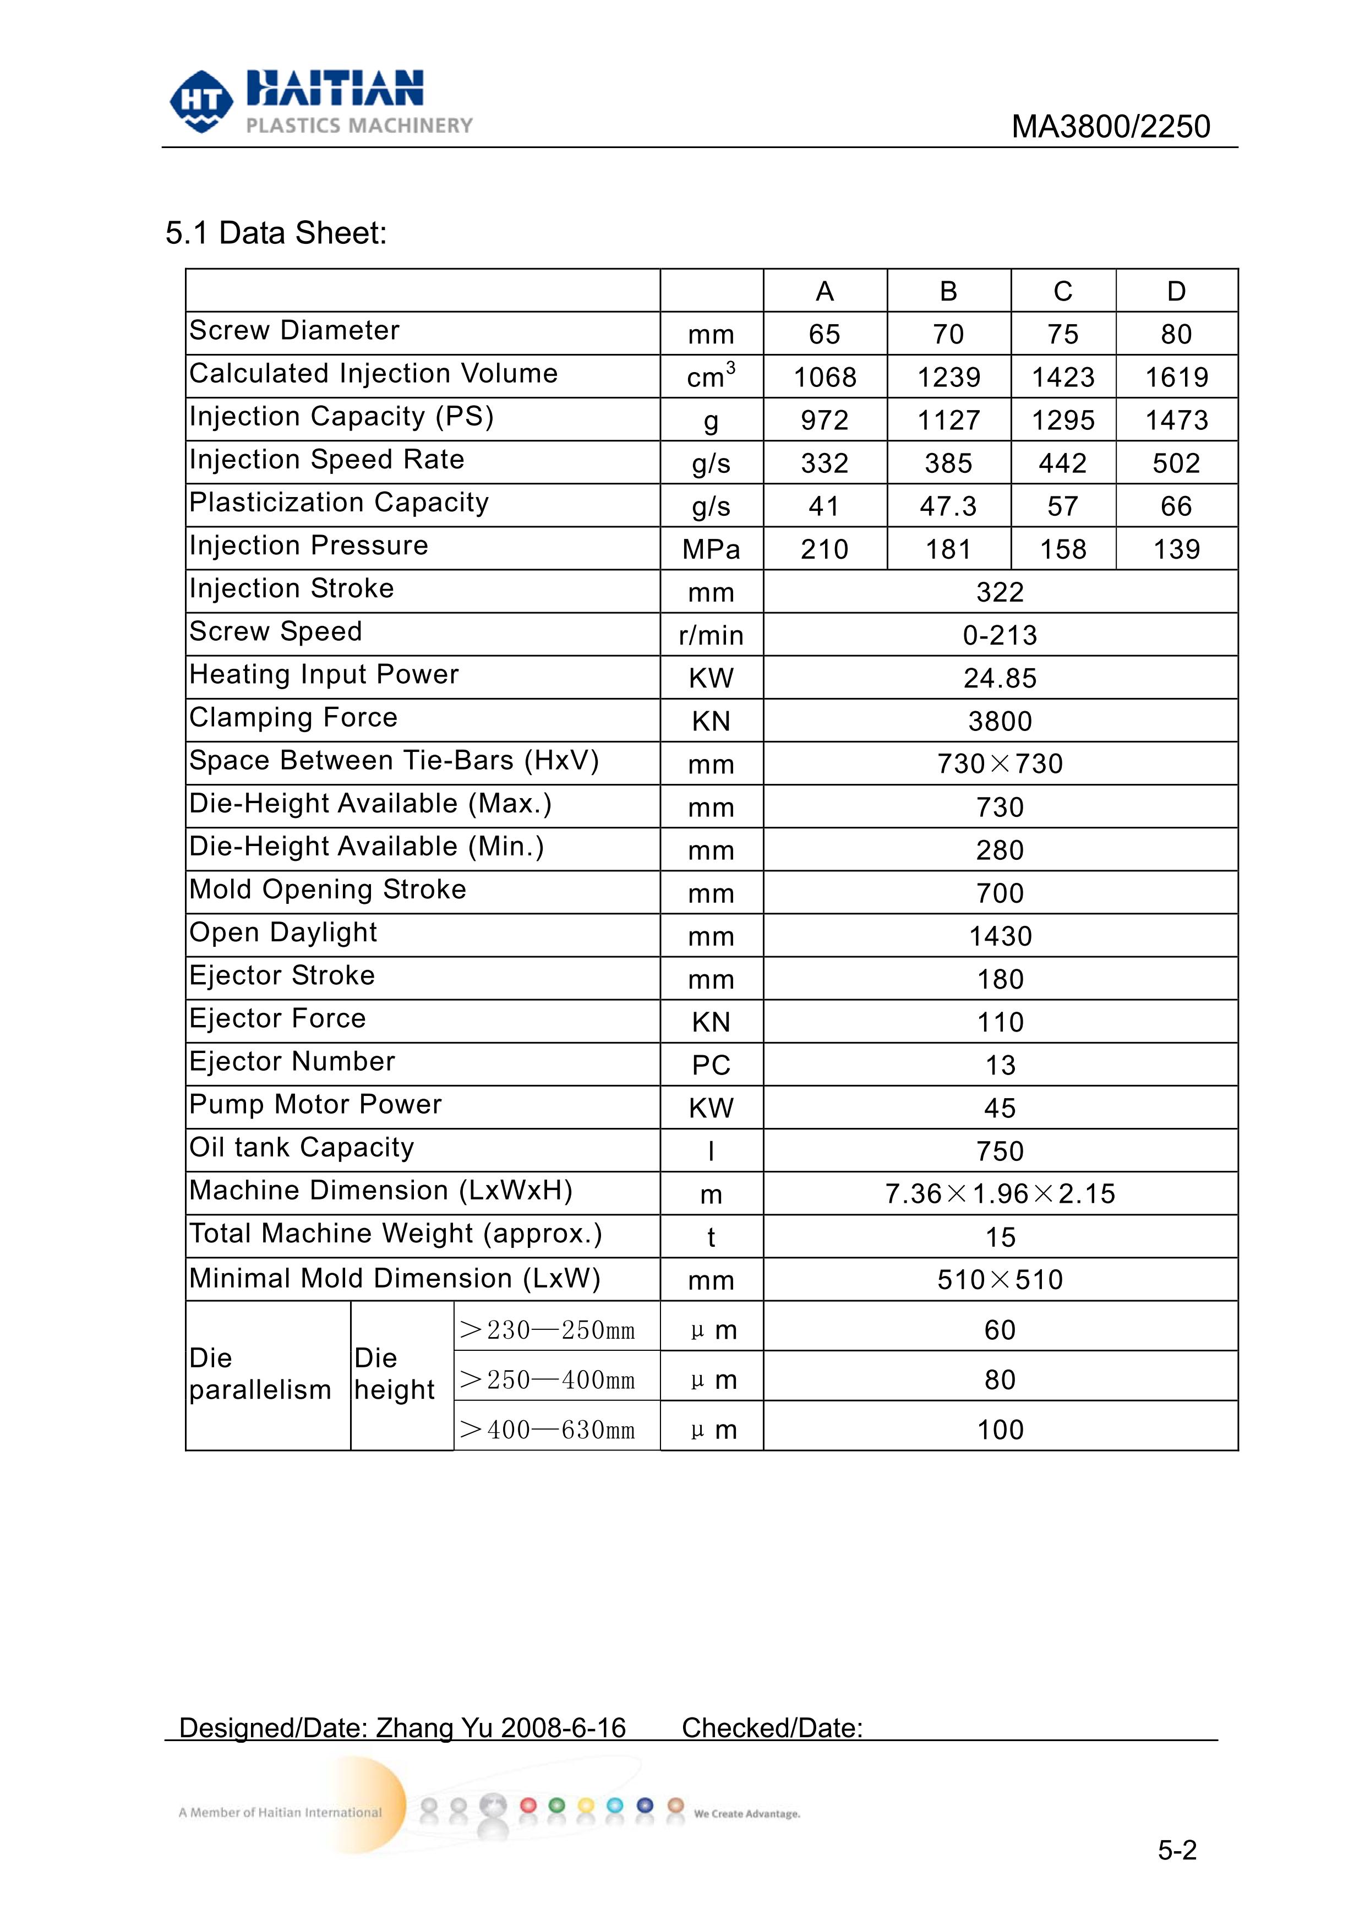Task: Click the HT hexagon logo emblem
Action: point(201,101)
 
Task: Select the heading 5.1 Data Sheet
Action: point(276,233)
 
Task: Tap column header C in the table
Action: point(1063,291)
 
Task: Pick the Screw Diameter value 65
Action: point(824,335)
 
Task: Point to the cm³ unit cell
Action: point(711,377)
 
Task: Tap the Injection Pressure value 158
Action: point(1063,549)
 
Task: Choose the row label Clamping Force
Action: point(293,717)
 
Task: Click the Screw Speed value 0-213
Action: point(1000,635)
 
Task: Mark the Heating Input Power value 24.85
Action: point(1000,678)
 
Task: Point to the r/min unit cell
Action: point(711,635)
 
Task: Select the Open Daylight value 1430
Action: point(1000,936)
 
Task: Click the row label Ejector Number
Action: point(292,1061)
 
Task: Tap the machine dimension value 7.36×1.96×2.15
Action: point(1000,1193)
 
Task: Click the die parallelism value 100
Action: point(1000,1430)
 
